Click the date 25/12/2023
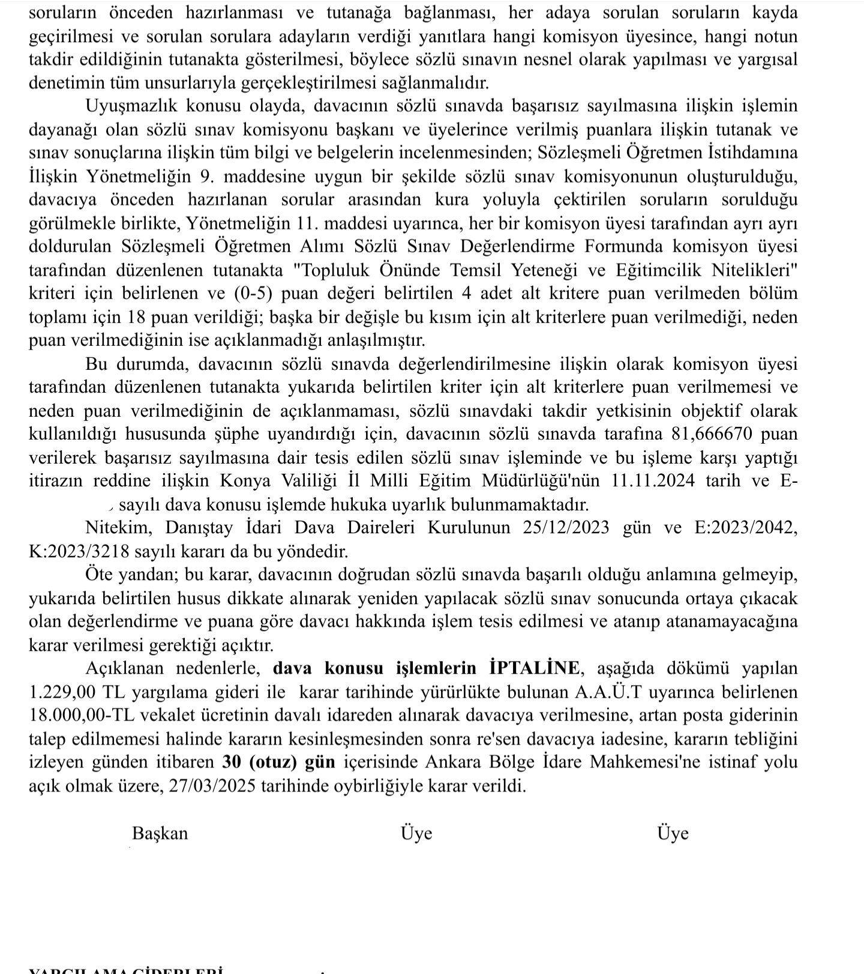pyautogui.click(x=566, y=527)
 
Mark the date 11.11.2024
pyautogui.click(x=655, y=480)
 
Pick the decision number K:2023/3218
pyautogui.click(x=80, y=551)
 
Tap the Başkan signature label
pyautogui.click(x=160, y=833)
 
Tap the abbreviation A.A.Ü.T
pyautogui.click(x=609, y=692)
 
